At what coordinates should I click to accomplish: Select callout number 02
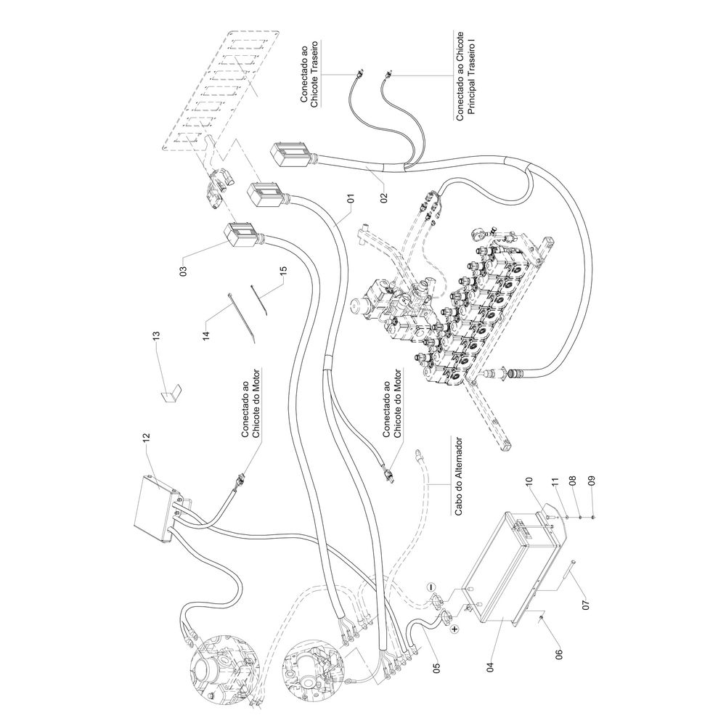[x=383, y=195]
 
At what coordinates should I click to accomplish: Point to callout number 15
[x=283, y=274]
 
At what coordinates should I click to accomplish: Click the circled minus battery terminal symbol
[x=430, y=585]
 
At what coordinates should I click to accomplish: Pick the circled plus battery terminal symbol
[x=454, y=629]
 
